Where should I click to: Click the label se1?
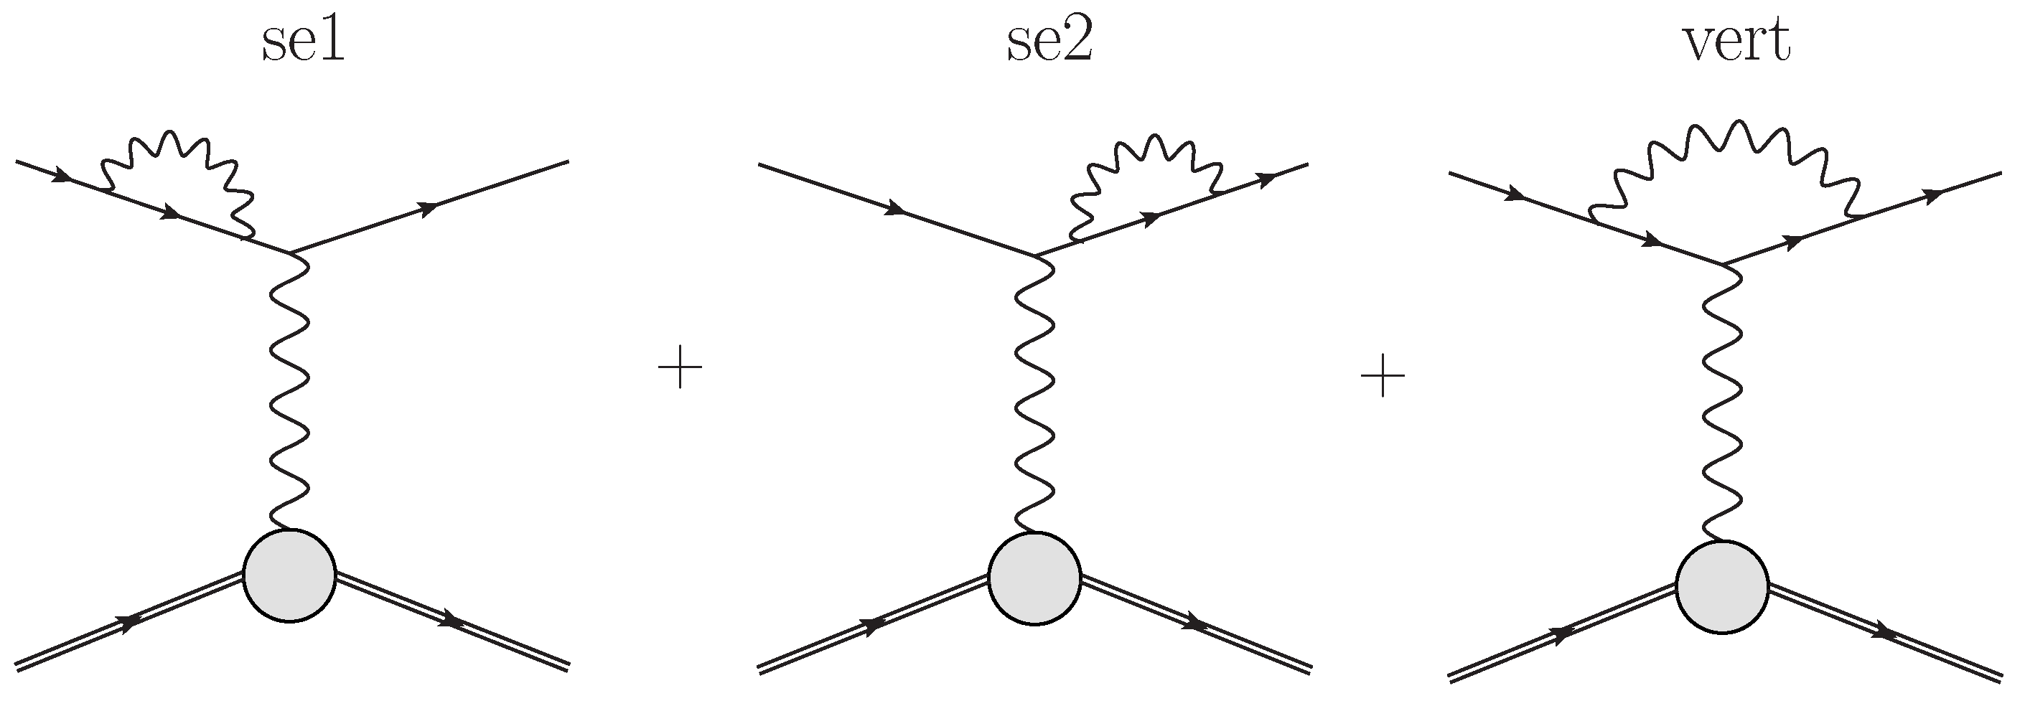(x=303, y=43)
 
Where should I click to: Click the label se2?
(x=1049, y=43)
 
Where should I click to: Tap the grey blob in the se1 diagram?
(x=290, y=576)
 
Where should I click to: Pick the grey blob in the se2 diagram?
(x=1034, y=578)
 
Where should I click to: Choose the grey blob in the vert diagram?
(x=1721, y=585)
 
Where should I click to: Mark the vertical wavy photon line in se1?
(x=289, y=393)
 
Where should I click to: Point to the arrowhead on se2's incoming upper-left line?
(x=895, y=210)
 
